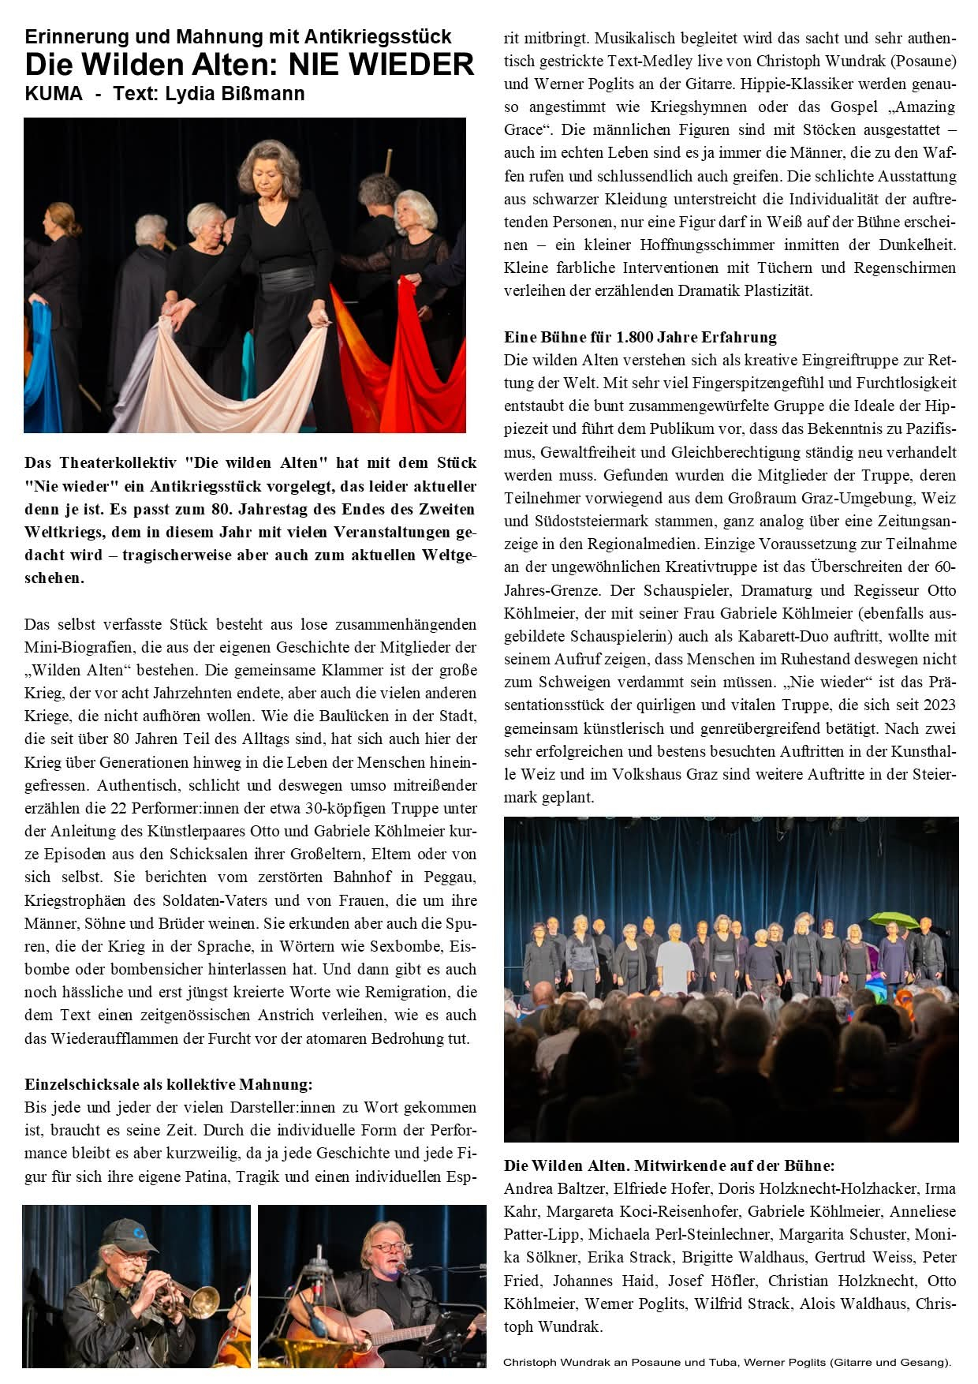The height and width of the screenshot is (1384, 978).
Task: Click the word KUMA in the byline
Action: (54, 94)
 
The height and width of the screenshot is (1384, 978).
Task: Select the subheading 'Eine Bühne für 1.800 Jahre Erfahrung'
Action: (640, 337)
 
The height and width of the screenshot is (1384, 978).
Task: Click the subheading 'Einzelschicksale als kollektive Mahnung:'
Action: (169, 1084)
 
